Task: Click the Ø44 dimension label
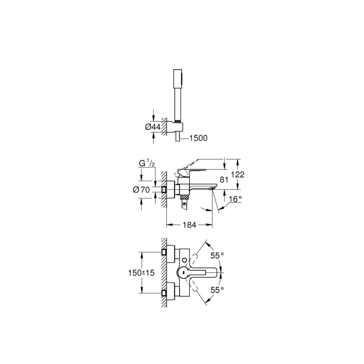[153, 126]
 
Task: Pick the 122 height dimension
[237, 174]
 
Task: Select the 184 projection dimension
[189, 225]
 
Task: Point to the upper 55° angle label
[217, 255]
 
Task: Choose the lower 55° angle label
[217, 290]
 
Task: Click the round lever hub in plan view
[183, 273]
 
